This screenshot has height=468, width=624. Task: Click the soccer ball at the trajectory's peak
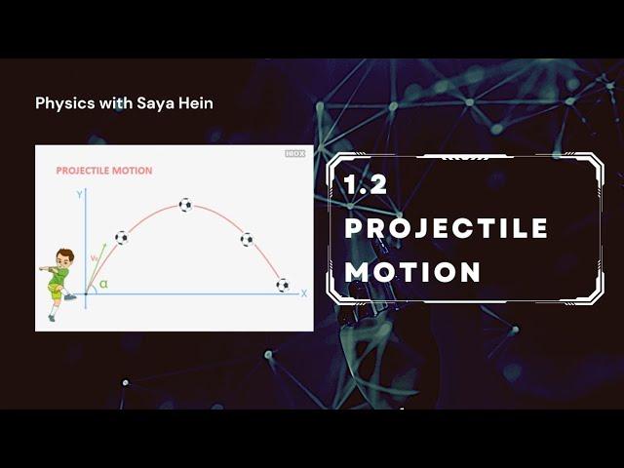(185, 205)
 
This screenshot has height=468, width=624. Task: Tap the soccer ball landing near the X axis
(283, 285)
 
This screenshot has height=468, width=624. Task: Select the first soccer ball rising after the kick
(122, 238)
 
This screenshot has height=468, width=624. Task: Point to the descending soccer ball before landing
(247, 240)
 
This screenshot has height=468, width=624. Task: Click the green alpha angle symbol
(104, 284)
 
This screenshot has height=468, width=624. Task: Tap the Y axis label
(80, 195)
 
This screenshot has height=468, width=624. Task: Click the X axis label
(304, 293)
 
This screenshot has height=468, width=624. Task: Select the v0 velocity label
(95, 258)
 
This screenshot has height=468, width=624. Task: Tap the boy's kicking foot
(70, 296)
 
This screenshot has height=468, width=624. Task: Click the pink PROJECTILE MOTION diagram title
(104, 171)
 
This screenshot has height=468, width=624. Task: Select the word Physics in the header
(65, 103)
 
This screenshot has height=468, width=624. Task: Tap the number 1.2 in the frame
(366, 184)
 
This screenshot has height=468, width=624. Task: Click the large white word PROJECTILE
(447, 228)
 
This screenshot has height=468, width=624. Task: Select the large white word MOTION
(412, 272)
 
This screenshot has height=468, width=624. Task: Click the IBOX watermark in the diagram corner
(295, 154)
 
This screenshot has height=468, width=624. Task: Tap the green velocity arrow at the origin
(97, 269)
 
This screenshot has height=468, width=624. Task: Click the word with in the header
(116, 103)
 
